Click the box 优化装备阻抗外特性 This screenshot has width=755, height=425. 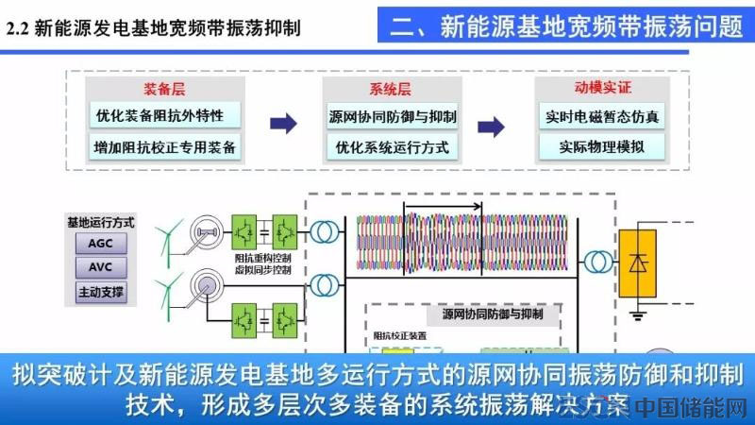pyautogui.click(x=159, y=116)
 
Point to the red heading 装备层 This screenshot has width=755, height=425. pyautogui.click(x=162, y=89)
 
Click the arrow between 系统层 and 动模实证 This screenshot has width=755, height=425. pyautogui.click(x=491, y=126)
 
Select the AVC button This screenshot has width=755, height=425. pyautogui.click(x=100, y=266)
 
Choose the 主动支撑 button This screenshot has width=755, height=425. pyautogui.click(x=100, y=291)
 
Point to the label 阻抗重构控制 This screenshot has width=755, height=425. pyautogui.click(x=262, y=257)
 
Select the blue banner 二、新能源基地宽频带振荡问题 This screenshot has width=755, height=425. pyautogui.click(x=566, y=25)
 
